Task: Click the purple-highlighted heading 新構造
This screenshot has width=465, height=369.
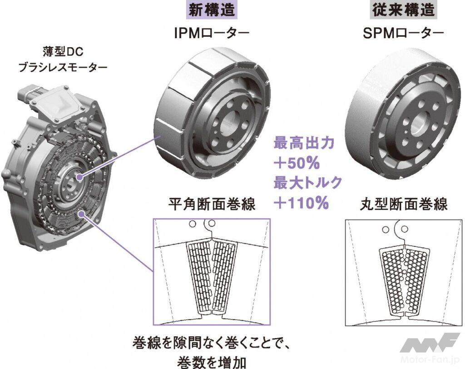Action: tap(212, 10)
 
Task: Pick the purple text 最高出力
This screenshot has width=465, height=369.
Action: tap(303, 143)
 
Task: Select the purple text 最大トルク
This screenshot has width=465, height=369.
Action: tap(307, 183)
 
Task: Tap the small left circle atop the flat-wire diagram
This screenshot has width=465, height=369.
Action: tap(193, 223)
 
